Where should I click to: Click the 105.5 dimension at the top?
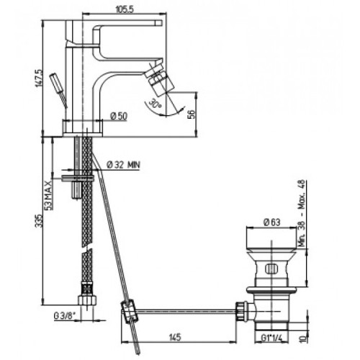(x=125, y=9)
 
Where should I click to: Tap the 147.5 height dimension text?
(x=39, y=78)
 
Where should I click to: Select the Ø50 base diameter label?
(x=119, y=116)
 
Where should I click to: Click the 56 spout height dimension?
(x=192, y=114)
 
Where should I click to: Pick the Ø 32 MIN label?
(x=123, y=165)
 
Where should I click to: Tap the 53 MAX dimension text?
(x=48, y=196)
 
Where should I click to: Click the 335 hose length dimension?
(x=40, y=221)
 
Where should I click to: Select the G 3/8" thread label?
(x=64, y=316)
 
